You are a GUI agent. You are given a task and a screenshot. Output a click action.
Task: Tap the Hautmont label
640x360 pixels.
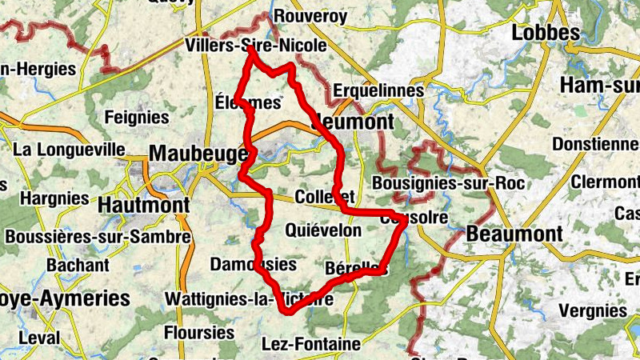pos(144,206)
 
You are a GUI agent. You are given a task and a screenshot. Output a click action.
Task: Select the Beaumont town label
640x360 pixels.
pos(514,234)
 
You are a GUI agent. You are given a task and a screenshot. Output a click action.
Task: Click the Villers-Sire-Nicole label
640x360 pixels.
pos(254,46)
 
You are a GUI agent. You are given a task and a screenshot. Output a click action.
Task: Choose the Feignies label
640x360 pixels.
pos(138,118)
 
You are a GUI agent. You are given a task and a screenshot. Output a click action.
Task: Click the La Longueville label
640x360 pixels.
pos(70,150)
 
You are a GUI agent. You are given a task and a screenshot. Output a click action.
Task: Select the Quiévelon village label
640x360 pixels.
pos(323,231)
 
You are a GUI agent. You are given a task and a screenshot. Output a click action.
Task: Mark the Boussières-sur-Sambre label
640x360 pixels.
pos(98,238)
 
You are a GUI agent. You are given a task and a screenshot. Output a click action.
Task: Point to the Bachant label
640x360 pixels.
pos(78,265)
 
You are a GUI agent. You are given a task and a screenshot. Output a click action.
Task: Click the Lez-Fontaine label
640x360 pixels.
pos(311,345)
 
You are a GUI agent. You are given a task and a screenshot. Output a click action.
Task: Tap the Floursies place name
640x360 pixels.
pos(198,331)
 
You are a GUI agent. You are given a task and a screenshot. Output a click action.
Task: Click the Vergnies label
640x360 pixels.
pos(593,310)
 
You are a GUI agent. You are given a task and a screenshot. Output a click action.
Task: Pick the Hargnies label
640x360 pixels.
pos(55,198)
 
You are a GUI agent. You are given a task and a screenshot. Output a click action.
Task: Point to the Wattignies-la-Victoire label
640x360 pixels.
pos(248,299)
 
